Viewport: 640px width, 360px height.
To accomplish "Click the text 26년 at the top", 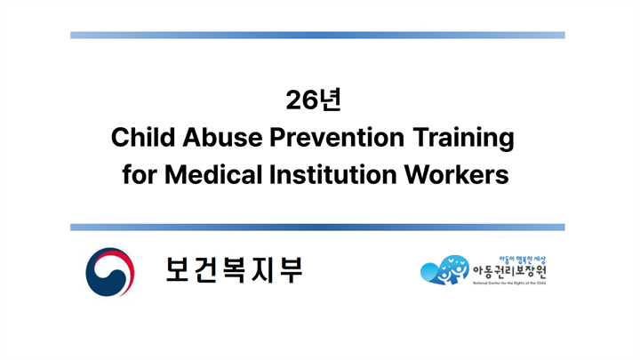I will click(319, 100).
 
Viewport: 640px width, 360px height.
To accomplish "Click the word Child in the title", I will click(139, 138).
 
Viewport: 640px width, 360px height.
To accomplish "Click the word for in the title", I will click(139, 174).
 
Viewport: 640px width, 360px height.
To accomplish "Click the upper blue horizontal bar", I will click(318, 36).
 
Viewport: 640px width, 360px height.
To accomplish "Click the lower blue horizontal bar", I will click(318, 227).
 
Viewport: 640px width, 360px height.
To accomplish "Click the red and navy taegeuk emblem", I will click(108, 272).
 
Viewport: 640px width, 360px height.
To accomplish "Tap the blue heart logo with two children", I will click(444, 270).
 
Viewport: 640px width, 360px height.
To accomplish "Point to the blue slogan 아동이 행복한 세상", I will click(509, 256).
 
